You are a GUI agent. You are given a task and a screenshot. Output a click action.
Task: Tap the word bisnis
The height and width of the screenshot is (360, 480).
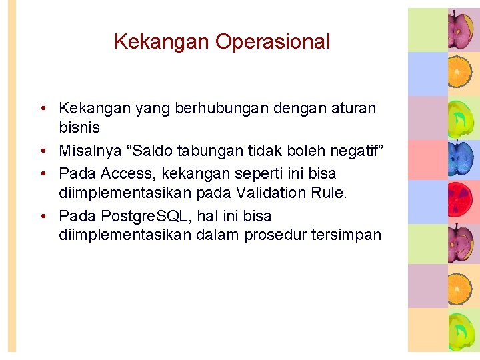click(x=79, y=127)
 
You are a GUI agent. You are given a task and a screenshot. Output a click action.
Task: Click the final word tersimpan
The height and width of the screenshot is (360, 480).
click(x=346, y=235)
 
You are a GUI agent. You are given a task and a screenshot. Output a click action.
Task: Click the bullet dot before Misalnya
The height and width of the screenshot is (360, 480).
click(x=42, y=152)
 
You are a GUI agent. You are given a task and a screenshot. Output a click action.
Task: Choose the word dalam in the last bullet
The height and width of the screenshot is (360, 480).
click(x=219, y=235)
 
